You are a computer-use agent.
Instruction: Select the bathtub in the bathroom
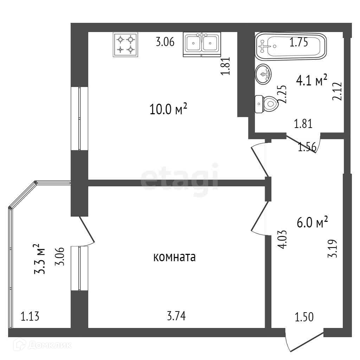290,46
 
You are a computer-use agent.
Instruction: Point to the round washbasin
263,73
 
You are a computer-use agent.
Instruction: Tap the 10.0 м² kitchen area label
168,110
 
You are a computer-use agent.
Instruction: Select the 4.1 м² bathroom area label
312,81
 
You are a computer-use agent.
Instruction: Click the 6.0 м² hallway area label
313,223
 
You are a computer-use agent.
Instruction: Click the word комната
174,258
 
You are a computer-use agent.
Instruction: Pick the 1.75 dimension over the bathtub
299,43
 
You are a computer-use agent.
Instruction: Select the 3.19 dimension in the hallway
333,249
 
